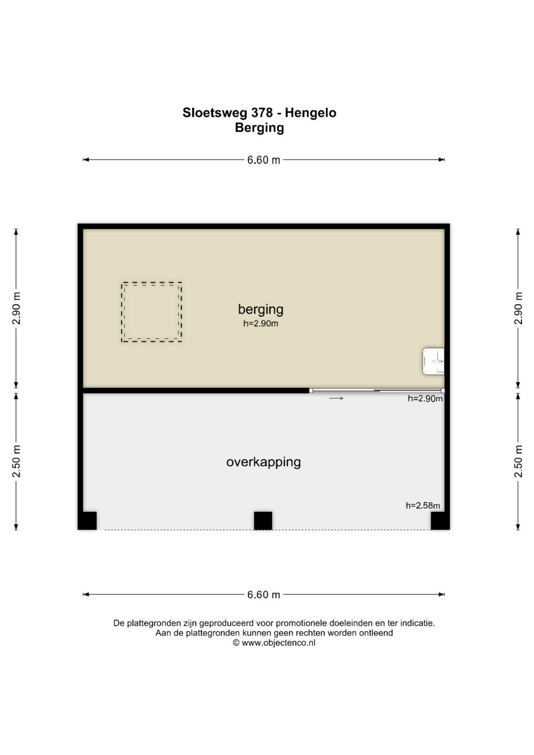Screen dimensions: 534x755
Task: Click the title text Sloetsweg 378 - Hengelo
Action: click(259, 113)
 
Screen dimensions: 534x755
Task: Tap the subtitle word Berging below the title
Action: click(259, 128)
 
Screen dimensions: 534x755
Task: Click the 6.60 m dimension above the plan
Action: click(264, 160)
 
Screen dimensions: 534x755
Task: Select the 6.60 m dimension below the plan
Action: click(264, 594)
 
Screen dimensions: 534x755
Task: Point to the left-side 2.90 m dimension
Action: click(16, 309)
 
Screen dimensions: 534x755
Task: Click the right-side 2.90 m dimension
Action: click(518, 309)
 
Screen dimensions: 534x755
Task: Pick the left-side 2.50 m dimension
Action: click(16, 461)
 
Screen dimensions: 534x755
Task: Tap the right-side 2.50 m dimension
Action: click(518, 461)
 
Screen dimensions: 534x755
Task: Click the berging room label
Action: click(261, 310)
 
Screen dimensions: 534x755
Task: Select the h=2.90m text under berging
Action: click(261, 323)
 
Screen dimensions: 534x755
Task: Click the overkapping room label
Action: click(263, 462)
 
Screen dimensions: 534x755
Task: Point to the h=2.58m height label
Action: click(423, 506)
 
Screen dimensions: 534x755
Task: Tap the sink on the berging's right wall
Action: click(433, 361)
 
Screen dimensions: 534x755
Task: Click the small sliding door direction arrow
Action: click(336, 399)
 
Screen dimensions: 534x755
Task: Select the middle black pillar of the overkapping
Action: click(263, 521)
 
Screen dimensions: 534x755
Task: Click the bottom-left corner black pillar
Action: click(88, 521)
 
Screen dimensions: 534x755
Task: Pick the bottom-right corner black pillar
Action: click(440, 521)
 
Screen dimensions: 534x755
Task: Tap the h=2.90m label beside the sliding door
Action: click(425, 399)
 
